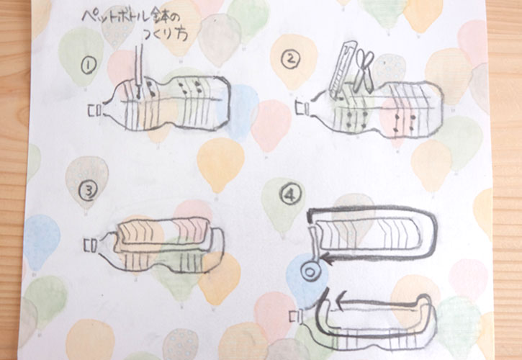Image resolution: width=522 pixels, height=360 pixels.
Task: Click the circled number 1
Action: pos(89,66)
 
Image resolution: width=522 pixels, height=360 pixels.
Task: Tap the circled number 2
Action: pos(290,59)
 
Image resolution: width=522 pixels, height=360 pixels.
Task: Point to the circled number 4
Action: pos(291,194)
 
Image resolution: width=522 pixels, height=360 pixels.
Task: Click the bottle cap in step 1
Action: pos(94,111)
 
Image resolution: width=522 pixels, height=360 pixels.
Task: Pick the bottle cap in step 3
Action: pos(89,246)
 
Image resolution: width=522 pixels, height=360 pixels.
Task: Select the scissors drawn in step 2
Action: pos(363,71)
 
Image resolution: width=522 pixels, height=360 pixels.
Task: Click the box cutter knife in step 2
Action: pos(342,70)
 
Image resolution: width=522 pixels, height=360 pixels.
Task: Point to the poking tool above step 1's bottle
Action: pos(140,71)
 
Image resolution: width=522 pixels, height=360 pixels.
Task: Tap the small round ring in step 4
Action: pos(310,271)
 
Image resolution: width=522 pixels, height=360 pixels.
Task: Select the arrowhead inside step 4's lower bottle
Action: pos(340,303)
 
